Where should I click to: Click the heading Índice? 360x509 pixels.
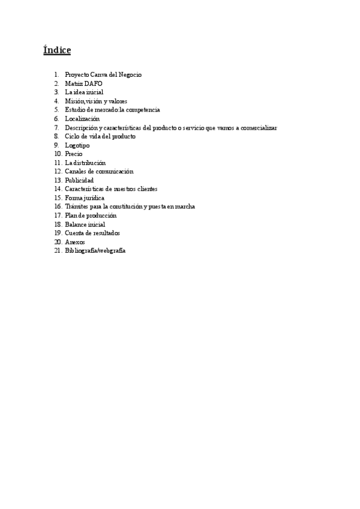point(57,50)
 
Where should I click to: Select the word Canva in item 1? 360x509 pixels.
point(98,75)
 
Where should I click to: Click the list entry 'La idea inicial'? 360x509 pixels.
point(84,92)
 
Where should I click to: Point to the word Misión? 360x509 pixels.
point(75,101)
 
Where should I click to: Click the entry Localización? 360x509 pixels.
point(82,119)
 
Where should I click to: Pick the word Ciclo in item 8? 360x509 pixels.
point(72,136)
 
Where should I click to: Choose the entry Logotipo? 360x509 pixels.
point(77,145)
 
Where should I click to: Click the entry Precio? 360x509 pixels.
point(74,154)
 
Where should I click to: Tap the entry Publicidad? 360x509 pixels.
point(79,180)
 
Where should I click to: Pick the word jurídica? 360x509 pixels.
point(93,197)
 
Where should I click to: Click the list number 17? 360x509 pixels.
point(58,215)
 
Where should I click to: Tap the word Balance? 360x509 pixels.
point(76,224)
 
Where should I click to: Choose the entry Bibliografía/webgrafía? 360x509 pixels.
point(95,250)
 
